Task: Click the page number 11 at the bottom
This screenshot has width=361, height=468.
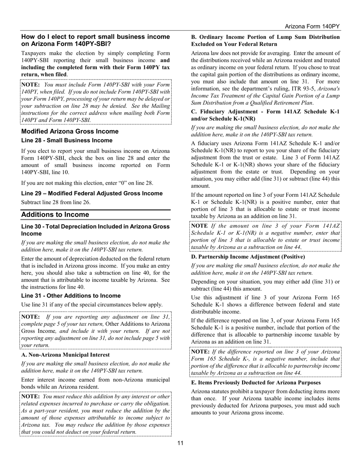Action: coord(180,443)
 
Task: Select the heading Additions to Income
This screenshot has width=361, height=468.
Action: coord(55,215)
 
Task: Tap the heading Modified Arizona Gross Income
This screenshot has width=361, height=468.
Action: coord(70,131)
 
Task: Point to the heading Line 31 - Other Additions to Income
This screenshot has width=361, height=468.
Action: coord(71,296)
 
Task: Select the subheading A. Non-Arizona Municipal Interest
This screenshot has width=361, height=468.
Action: coord(65,355)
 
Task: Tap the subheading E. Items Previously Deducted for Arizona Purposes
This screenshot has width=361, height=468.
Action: coord(256,382)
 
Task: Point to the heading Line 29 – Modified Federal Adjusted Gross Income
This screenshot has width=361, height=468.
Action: coord(92,193)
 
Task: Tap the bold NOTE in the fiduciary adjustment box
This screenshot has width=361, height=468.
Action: coord(199,226)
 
